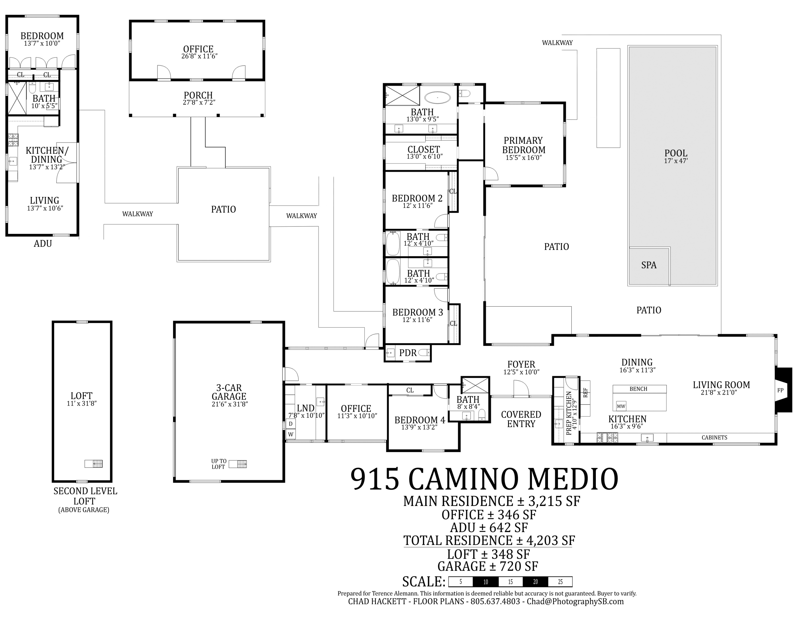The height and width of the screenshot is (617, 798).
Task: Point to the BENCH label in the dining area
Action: point(638,389)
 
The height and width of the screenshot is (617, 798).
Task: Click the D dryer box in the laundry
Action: point(291,424)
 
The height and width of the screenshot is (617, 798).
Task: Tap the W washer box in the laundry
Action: point(291,434)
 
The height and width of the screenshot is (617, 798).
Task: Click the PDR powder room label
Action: point(408,353)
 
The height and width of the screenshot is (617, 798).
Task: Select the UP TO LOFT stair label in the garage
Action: point(219,464)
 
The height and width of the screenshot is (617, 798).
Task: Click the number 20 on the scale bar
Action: point(535,582)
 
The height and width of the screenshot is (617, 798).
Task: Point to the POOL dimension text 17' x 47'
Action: point(676,161)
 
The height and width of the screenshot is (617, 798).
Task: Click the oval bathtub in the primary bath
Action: point(437,98)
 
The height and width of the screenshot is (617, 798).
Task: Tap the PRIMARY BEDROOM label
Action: point(523,145)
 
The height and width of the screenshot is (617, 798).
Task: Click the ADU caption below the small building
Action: point(43,244)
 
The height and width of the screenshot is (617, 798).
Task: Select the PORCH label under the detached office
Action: point(198,95)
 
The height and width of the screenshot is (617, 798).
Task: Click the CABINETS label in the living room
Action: point(714,438)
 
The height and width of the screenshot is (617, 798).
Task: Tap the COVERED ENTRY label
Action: point(521,419)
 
